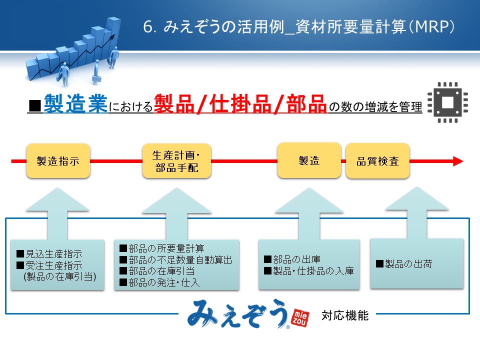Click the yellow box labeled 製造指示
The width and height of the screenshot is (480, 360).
pyautogui.click(x=58, y=161)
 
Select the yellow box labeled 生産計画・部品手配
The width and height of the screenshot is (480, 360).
pyautogui.click(x=176, y=161)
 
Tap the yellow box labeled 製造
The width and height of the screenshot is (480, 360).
pyautogui.click(x=309, y=160)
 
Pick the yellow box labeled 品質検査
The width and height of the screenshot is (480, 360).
pyautogui.click(x=378, y=161)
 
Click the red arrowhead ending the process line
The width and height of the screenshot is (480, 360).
pyautogui.click(x=458, y=161)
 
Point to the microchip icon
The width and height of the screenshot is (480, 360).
pyautogui.click(x=447, y=102)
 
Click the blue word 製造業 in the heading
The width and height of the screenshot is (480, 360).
pyautogui.click(x=75, y=103)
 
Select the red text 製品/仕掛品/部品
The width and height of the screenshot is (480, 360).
pyautogui.click(x=240, y=104)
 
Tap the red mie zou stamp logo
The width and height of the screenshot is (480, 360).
pyautogui.click(x=300, y=317)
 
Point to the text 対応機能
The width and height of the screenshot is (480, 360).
pyautogui.click(x=345, y=315)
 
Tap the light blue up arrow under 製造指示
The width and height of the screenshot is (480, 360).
pyautogui.click(x=57, y=213)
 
